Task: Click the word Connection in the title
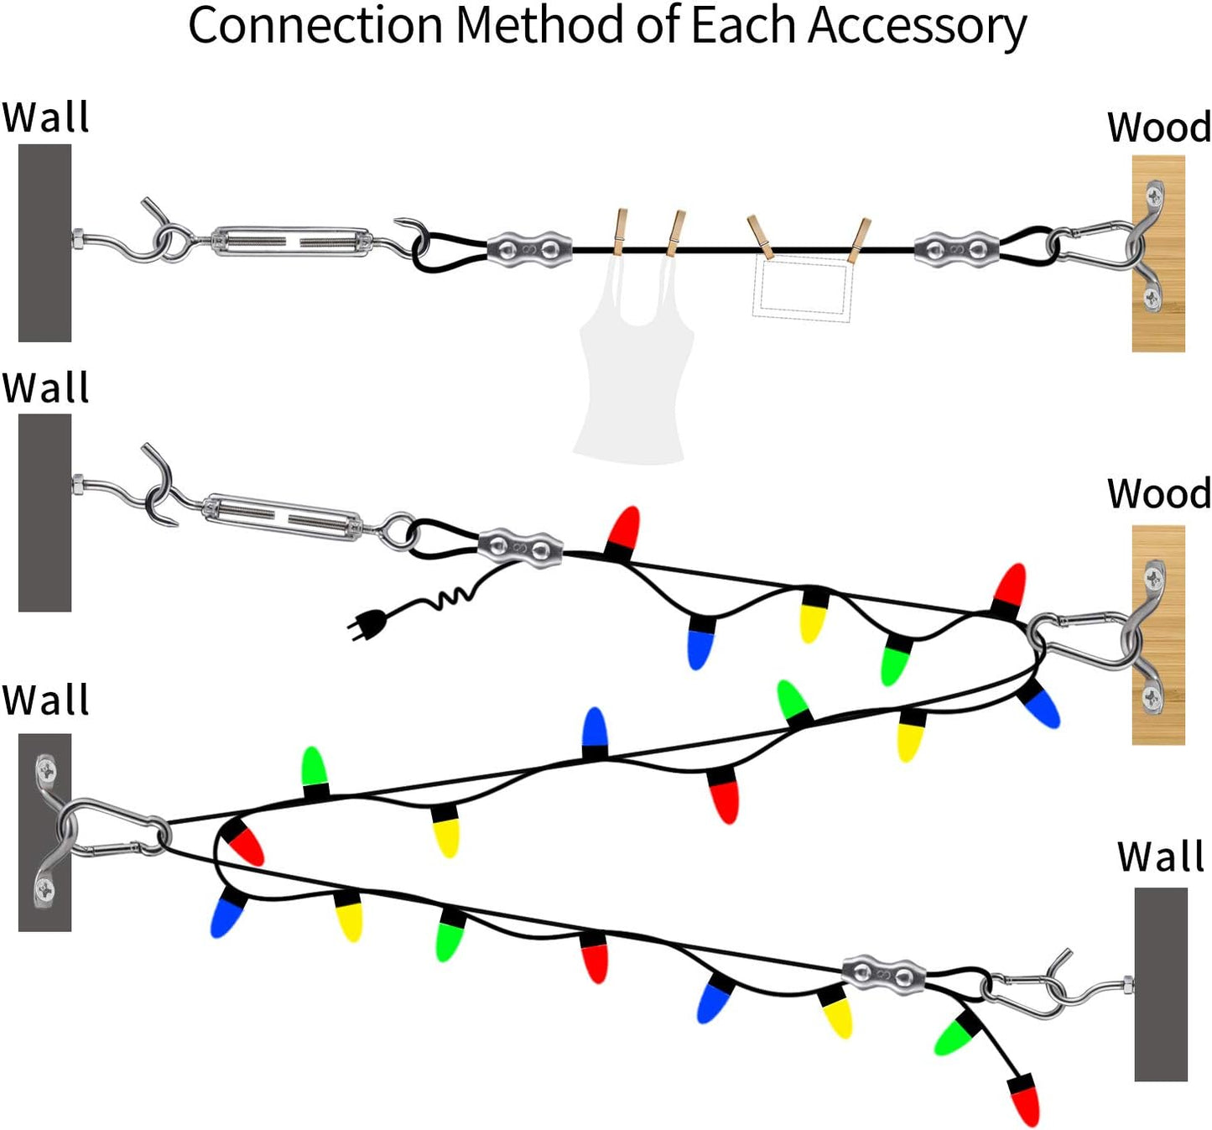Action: point(315,26)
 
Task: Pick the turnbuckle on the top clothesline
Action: point(290,241)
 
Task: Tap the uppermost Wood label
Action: point(1158,128)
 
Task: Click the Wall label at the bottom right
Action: point(1160,857)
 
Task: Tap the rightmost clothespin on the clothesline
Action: point(860,240)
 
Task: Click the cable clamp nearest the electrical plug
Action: point(520,548)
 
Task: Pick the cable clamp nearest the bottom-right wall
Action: point(884,973)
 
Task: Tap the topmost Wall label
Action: point(45,117)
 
